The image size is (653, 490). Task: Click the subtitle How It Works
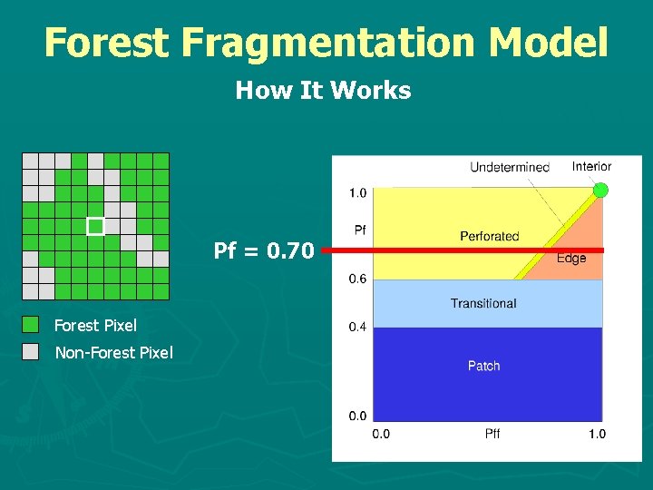(x=323, y=91)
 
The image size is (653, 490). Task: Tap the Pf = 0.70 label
(x=264, y=250)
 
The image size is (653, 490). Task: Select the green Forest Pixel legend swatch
(x=31, y=325)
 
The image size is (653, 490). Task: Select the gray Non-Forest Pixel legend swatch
(x=31, y=352)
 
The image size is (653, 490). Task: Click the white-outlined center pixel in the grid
(x=95, y=226)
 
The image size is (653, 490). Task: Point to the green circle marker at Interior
(x=600, y=190)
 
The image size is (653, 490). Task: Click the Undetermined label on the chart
(x=509, y=167)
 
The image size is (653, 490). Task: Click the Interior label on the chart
(x=591, y=166)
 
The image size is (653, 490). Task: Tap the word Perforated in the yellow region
(x=489, y=236)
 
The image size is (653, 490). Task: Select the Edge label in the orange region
(x=570, y=259)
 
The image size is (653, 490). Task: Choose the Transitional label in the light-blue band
(x=482, y=303)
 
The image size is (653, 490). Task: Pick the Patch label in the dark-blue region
(x=483, y=366)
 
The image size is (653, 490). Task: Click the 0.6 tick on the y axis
(x=357, y=279)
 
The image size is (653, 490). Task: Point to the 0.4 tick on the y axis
(x=357, y=327)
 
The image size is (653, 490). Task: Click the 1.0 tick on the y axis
(x=357, y=192)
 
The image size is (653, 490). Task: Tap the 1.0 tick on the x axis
(x=596, y=434)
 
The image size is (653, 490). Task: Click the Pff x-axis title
(x=491, y=434)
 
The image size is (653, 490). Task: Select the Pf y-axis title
(x=359, y=230)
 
